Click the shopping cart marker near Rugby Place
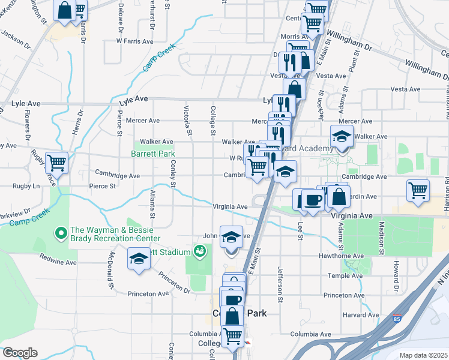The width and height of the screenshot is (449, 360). (x=56, y=162)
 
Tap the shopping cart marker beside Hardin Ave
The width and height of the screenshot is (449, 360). (x=418, y=190)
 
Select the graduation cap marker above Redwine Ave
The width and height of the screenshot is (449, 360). (x=139, y=259)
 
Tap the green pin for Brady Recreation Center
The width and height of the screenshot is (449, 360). (x=61, y=232)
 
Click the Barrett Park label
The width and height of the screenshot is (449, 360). (x=153, y=154)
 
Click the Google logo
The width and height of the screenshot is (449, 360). (x=20, y=353)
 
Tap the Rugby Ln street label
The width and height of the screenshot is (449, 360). (x=28, y=186)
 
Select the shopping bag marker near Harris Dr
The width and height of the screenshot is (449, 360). (x=64, y=10)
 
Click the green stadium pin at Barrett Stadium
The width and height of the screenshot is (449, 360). (x=200, y=252)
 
